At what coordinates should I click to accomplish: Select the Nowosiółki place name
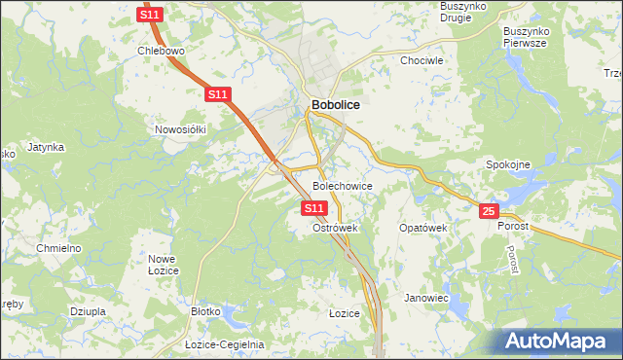(x=181, y=128)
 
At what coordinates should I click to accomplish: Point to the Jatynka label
(x=46, y=147)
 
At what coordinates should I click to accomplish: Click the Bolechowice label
(x=342, y=185)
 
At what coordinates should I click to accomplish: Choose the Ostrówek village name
(x=336, y=228)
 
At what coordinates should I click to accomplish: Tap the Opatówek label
(x=422, y=228)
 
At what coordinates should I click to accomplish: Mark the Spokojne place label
(x=508, y=164)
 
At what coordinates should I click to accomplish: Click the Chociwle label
(x=422, y=60)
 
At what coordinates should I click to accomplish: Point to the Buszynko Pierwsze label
(x=528, y=37)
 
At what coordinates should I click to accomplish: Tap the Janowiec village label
(x=426, y=298)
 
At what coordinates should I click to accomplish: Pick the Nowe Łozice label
(x=162, y=265)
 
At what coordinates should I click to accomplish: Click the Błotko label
(x=206, y=311)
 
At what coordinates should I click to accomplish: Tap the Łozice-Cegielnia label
(x=225, y=344)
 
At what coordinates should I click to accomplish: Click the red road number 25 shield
(x=489, y=211)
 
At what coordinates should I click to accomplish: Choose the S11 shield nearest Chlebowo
(x=149, y=16)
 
